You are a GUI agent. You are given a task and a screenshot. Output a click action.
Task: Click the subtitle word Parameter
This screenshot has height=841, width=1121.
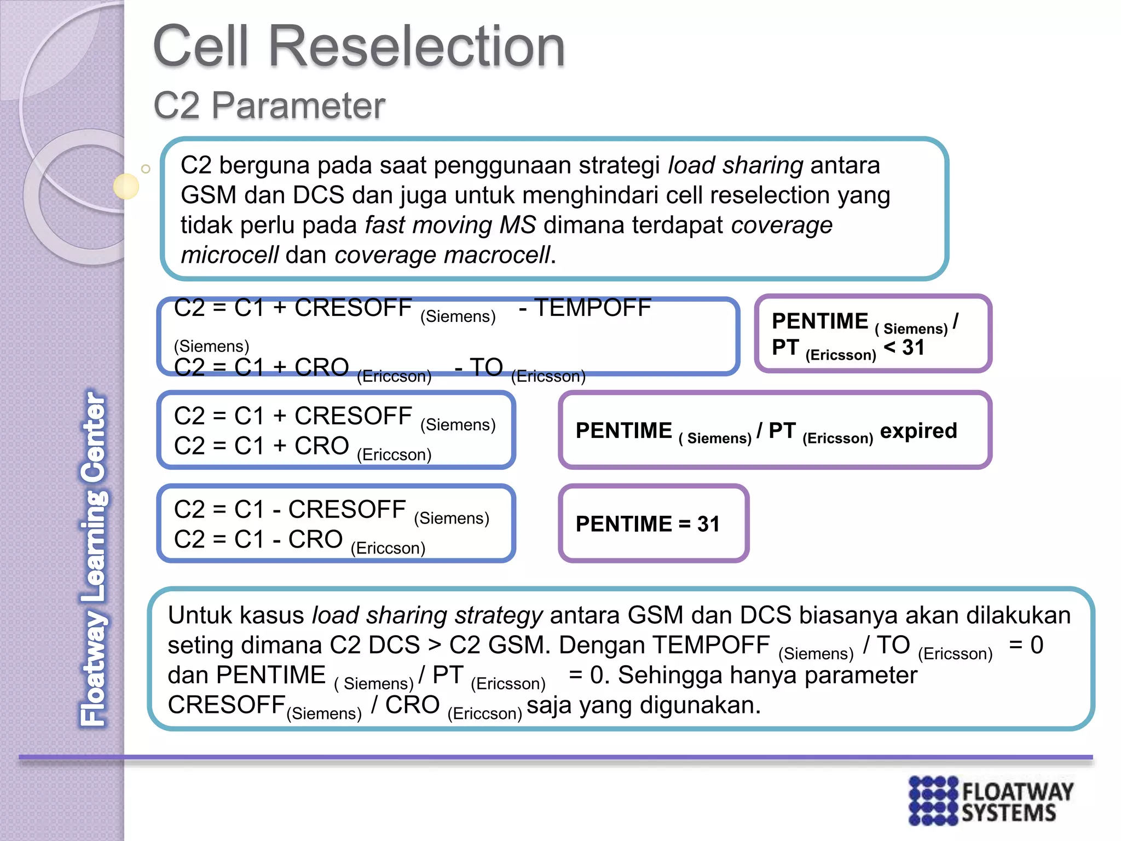tap(298, 105)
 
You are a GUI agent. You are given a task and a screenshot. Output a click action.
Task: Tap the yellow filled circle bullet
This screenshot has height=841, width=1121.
tap(126, 186)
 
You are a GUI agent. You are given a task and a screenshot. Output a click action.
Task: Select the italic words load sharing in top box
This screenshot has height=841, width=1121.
tap(735, 165)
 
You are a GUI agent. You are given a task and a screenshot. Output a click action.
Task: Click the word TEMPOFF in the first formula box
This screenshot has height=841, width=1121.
tap(592, 308)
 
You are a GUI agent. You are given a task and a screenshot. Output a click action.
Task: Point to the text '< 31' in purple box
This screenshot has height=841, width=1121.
tap(904, 347)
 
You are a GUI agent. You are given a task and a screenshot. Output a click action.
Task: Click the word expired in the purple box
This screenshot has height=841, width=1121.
tap(918, 431)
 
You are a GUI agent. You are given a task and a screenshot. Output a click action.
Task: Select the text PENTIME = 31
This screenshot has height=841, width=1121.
tap(648, 524)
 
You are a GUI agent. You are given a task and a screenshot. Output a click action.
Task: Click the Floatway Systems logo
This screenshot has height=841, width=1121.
tap(991, 800)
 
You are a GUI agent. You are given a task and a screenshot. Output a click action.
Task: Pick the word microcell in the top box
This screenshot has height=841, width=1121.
tap(230, 255)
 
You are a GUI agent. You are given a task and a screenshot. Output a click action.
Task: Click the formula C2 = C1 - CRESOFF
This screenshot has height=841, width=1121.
tap(290, 510)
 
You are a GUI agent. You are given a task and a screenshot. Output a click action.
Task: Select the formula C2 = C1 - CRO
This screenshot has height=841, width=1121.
tap(258, 540)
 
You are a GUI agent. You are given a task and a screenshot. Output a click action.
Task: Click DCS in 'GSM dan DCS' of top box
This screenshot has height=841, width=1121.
tap(319, 195)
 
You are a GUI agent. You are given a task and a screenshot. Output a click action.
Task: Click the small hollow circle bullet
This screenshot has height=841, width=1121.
tap(146, 169)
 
